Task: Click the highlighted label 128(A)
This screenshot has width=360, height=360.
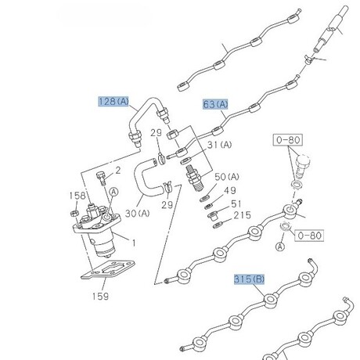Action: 113,101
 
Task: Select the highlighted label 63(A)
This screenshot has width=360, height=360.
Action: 215,104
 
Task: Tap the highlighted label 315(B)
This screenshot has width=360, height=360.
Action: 249,279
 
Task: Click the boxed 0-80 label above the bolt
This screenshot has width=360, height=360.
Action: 288,140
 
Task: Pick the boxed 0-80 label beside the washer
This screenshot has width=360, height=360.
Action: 309,236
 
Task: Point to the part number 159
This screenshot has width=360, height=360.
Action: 100,296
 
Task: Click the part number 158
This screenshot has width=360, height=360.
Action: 77,196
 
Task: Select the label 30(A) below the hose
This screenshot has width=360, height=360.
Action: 138,214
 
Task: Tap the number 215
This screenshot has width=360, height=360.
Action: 242,215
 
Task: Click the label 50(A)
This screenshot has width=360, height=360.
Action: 227,177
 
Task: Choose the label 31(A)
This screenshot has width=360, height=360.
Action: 219,145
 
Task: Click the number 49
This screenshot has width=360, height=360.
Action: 230,190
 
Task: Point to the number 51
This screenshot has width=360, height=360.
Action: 236,203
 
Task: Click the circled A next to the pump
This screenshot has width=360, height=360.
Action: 113,192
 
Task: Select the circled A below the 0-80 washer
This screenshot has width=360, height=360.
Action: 280,247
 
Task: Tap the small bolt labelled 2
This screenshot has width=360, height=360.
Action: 101,178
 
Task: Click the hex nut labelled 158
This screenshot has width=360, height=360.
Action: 74,213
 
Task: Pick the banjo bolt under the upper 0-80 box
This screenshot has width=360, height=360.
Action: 302,166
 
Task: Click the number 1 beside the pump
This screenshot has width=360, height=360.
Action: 134,243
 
